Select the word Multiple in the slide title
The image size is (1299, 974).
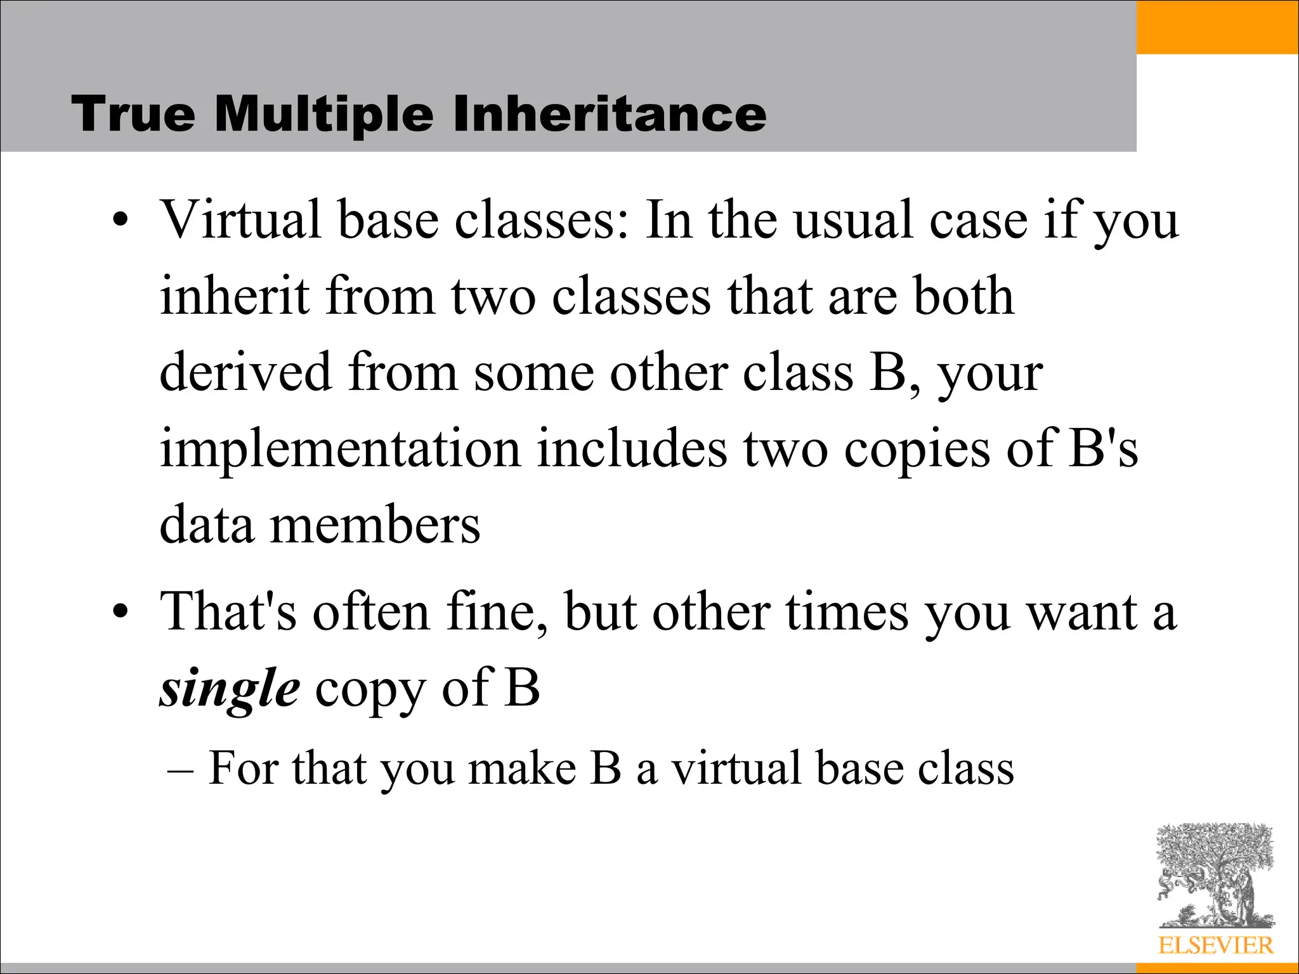click(x=325, y=114)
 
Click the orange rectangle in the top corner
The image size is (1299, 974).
click(x=1217, y=27)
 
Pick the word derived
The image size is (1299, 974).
click(x=245, y=372)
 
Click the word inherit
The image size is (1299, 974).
click(x=234, y=296)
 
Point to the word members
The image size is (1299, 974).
click(x=375, y=526)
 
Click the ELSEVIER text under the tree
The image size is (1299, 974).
click(x=1215, y=945)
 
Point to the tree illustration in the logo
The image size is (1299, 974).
click(x=1215, y=875)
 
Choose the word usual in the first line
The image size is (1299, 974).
click(x=853, y=219)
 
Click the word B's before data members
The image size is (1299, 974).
click(x=1102, y=449)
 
